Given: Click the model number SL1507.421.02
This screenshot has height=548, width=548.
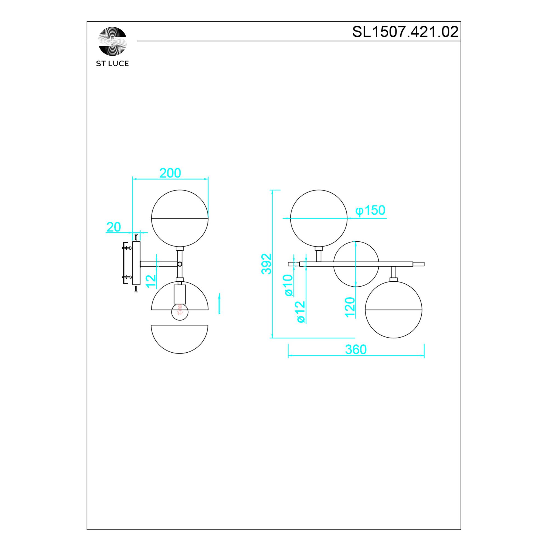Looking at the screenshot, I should [x=405, y=32].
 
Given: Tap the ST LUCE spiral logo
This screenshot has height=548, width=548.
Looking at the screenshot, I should [x=113, y=41].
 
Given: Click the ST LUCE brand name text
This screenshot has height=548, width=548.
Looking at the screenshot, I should [x=112, y=64].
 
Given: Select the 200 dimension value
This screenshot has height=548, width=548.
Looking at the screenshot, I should [x=170, y=173].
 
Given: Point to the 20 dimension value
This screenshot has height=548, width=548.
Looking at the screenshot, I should [x=113, y=227].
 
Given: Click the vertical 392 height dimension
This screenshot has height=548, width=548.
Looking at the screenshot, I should [x=266, y=264].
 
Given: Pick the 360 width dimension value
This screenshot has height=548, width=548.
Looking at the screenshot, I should [x=356, y=350].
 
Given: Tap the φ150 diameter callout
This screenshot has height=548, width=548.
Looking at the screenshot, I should [x=370, y=210].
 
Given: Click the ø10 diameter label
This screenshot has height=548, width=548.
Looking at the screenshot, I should [x=289, y=285].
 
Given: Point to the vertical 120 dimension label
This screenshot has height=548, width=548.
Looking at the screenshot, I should [x=350, y=307].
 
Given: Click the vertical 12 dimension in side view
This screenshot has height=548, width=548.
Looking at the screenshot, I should [x=151, y=281].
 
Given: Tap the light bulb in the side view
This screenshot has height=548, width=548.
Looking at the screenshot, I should [x=180, y=312].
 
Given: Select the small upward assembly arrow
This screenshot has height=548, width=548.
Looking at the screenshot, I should [x=219, y=304].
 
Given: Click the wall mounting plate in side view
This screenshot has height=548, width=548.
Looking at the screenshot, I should [x=136, y=263].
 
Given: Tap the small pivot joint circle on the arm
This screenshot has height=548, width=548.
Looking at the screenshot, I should [x=179, y=264].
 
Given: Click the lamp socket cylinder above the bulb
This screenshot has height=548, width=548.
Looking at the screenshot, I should [x=180, y=294].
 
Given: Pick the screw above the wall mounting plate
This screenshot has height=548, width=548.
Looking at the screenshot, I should [x=136, y=236].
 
